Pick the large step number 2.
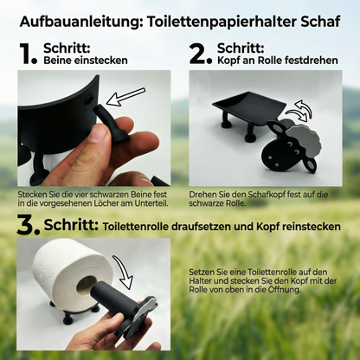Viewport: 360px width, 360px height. tap(202, 54)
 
